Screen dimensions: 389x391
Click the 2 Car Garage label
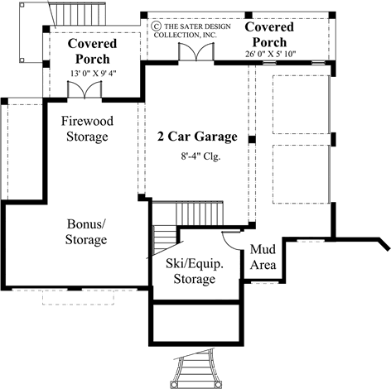(197, 137)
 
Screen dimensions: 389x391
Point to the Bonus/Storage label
(86, 232)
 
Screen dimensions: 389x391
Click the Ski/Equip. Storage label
(194, 271)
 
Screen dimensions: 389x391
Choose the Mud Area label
(263, 258)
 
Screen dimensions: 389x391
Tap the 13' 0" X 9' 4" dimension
(93, 74)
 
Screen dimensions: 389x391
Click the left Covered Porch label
(92, 50)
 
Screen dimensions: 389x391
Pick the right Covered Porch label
(268, 34)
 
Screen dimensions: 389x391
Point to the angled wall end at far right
(384, 247)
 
